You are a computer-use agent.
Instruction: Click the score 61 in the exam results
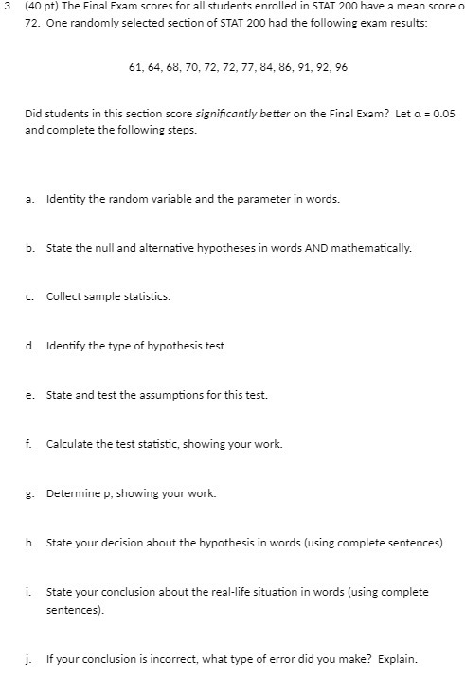coord(133,67)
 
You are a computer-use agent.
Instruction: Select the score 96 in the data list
coord(330,67)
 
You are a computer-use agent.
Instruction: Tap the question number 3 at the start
coord(7,8)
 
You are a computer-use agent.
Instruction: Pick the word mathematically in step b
coord(371,248)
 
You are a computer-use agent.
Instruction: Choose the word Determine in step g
coord(72,493)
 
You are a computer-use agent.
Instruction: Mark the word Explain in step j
coord(397,660)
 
